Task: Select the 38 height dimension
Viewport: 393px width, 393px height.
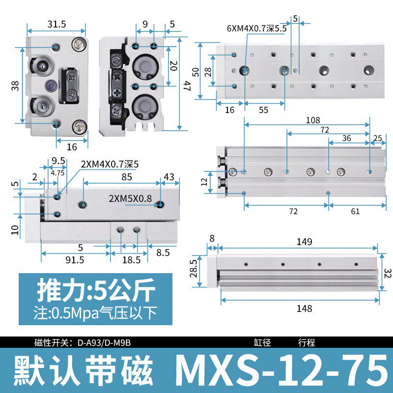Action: (15, 86)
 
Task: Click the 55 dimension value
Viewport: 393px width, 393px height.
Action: (264, 110)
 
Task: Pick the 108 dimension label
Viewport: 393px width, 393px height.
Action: (312, 120)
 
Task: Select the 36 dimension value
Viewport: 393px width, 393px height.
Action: (347, 138)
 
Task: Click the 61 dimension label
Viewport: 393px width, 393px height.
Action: (356, 211)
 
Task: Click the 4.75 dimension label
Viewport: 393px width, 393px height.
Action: (58, 172)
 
